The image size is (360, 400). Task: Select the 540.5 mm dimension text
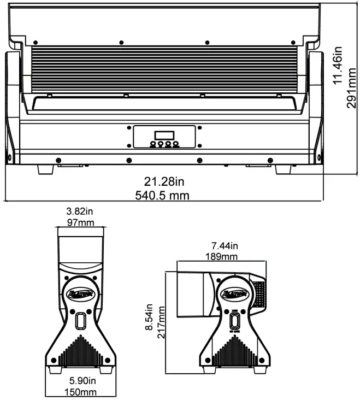tap(163, 195)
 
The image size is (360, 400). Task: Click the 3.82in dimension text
tap(80, 211)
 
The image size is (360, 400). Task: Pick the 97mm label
tap(80, 222)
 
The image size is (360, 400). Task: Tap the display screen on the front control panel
tap(163, 135)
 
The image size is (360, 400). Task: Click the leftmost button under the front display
tap(152, 144)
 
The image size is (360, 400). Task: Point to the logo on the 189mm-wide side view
tap(235, 294)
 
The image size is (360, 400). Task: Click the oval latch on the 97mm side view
tap(81, 320)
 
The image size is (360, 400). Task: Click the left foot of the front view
tap(46, 169)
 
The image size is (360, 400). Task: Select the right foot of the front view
tap(284, 169)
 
